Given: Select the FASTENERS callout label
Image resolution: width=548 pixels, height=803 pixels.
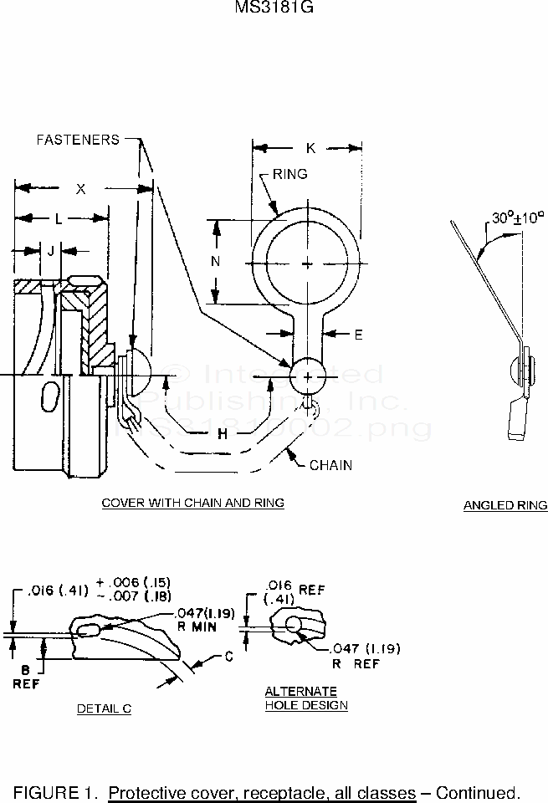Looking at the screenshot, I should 78,140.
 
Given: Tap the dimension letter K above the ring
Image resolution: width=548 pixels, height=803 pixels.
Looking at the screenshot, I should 310,148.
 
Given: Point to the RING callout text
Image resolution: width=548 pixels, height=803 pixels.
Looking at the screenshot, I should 289,174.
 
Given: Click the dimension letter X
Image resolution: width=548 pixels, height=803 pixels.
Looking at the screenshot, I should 81,189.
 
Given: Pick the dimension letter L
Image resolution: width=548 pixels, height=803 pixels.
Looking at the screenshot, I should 58,218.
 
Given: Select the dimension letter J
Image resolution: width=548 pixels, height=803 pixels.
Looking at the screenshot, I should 51,250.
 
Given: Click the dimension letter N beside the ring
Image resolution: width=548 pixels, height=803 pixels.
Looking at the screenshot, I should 215,261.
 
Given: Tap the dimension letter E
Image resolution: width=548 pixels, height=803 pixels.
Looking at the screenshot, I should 358,335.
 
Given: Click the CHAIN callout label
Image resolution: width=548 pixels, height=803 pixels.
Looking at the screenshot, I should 330,464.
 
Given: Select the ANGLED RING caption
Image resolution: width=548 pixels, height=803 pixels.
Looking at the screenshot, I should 505,505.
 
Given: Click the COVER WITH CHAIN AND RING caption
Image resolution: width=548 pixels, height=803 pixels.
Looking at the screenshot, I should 192,503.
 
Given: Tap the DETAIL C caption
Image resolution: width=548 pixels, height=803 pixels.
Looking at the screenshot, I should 104,708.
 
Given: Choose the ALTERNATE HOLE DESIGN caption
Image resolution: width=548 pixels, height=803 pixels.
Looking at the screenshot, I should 306,698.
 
